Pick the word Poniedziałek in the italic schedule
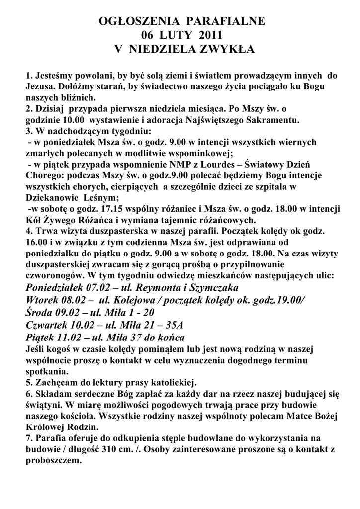pos(55,288)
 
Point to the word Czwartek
pos(45,325)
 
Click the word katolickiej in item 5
pos(171,383)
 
